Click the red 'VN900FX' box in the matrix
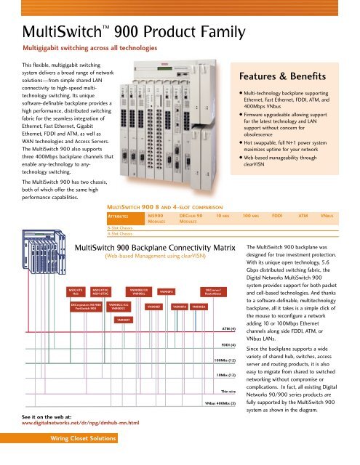[166, 291]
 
